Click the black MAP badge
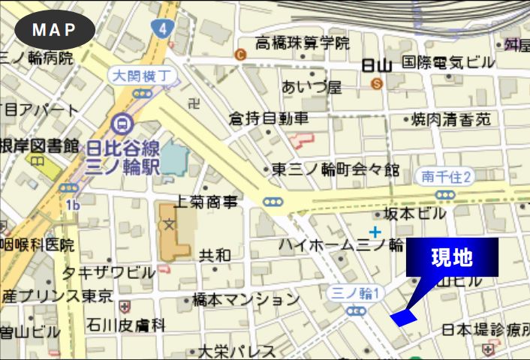(55, 30)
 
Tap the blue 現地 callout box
(452, 257)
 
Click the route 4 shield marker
(161, 28)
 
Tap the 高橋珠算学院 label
(303, 43)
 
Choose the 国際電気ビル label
(448, 62)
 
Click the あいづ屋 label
(312, 87)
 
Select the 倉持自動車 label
(269, 118)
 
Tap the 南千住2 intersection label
(446, 177)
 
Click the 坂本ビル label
(415, 214)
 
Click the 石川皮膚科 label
(125, 325)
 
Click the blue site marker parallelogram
(403, 317)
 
